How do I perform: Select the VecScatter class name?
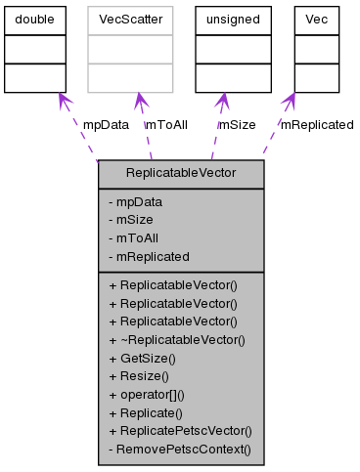(130, 20)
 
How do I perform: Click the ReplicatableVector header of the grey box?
(181, 173)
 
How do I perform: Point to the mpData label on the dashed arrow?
(105, 125)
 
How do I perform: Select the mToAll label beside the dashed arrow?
(165, 125)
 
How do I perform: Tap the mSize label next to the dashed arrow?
(237, 125)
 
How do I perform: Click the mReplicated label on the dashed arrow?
(317, 125)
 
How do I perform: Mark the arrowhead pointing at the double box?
(62, 100)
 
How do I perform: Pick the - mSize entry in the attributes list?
(135, 220)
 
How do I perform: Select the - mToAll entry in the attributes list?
(137, 237)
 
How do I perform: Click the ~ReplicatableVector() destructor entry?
(177, 340)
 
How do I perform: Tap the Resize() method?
(144, 376)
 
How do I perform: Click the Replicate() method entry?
(149, 412)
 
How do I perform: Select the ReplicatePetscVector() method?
(181, 430)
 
